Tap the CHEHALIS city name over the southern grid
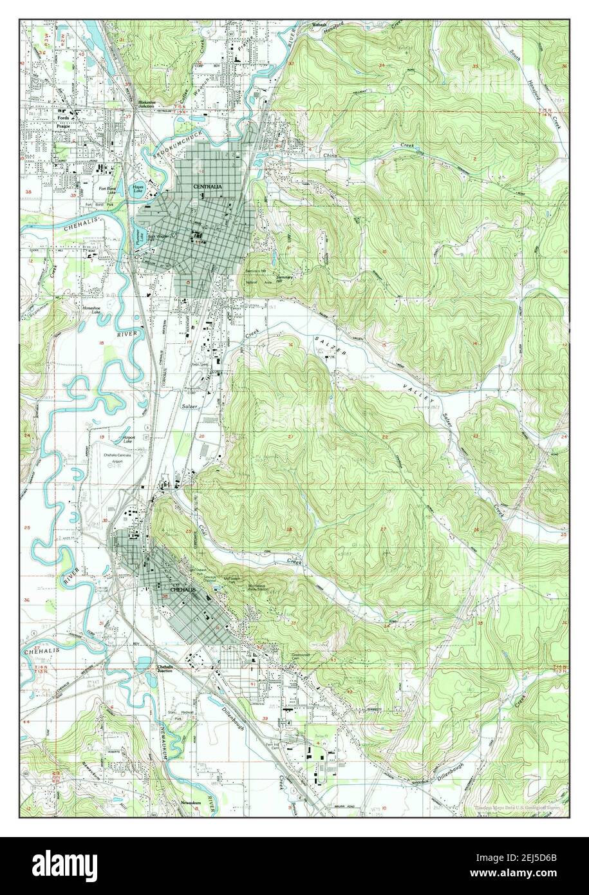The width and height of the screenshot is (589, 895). (182, 589)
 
